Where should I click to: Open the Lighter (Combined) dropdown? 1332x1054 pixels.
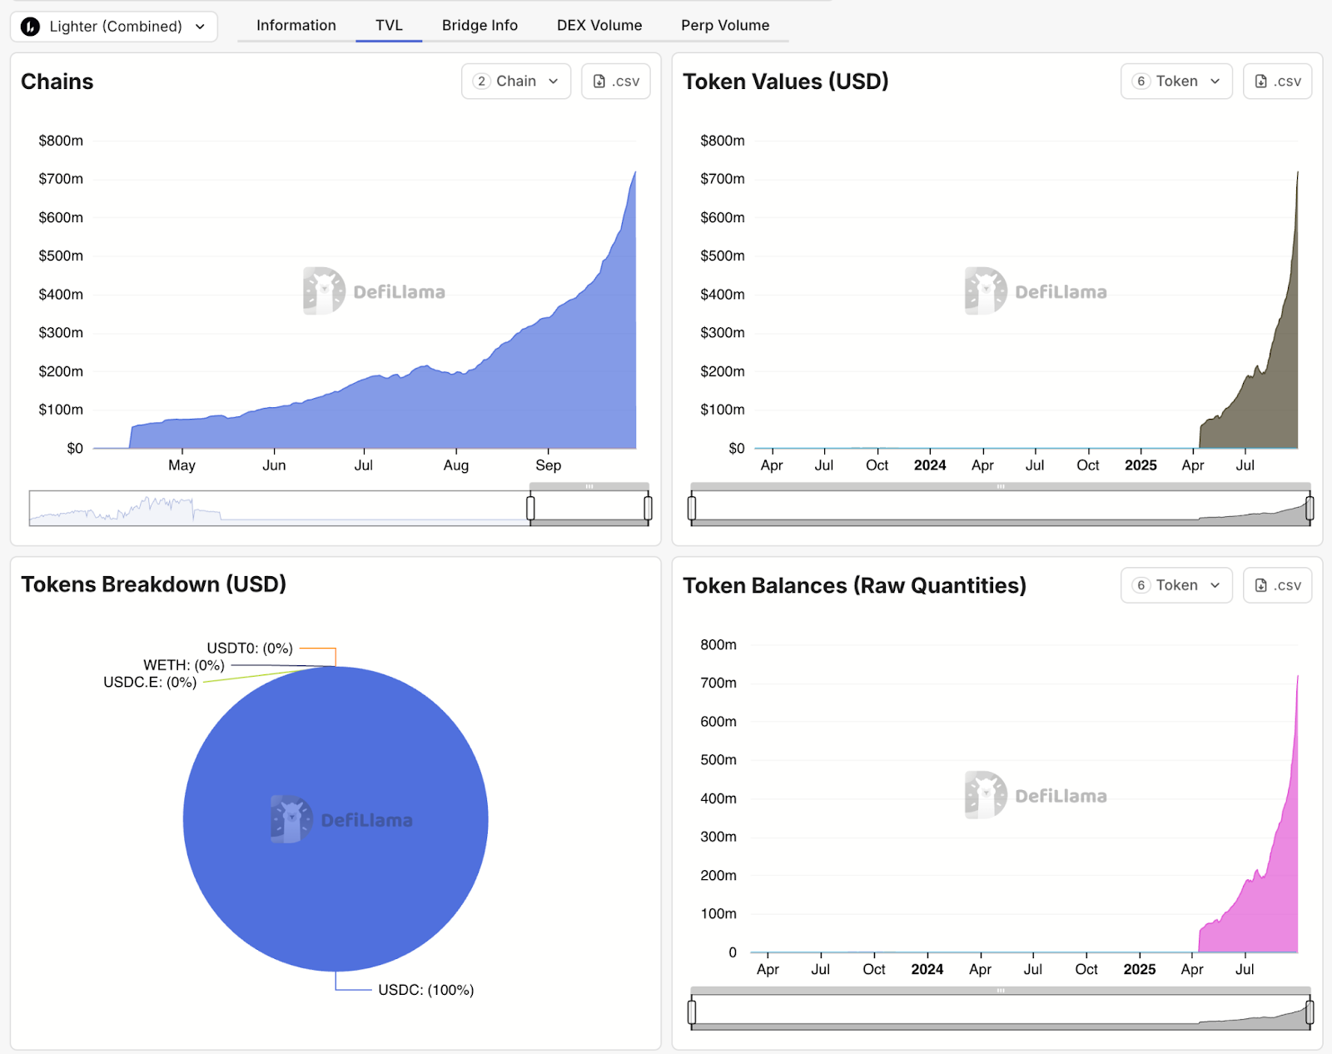click(x=114, y=27)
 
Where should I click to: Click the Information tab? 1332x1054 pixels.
click(x=296, y=25)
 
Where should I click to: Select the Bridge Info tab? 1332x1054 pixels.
click(x=480, y=25)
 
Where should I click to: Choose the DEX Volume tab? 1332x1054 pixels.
click(x=599, y=25)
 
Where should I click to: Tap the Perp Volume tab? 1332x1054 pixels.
click(x=725, y=25)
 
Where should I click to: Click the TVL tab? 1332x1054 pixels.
click(x=389, y=25)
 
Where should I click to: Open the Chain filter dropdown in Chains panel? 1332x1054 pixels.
click(x=516, y=82)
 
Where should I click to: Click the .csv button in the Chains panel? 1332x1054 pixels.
click(x=616, y=82)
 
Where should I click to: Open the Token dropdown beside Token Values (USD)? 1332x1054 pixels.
click(x=1176, y=82)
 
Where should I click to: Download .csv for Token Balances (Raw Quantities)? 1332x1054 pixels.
click(x=1278, y=585)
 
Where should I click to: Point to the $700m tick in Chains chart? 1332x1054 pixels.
click(x=61, y=179)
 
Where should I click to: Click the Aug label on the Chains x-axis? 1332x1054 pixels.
click(x=456, y=465)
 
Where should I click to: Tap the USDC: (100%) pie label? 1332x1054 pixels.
click(x=425, y=990)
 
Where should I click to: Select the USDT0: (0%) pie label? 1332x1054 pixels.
click(x=250, y=649)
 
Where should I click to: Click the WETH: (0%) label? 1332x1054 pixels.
click(x=184, y=665)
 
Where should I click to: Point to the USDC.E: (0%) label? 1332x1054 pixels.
click(x=150, y=683)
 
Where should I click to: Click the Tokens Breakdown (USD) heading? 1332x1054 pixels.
click(x=153, y=584)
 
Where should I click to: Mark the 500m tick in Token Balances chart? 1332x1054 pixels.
click(x=718, y=760)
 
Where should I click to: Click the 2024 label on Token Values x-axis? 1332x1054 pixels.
click(x=930, y=465)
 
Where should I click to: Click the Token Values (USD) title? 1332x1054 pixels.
click(x=785, y=82)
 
